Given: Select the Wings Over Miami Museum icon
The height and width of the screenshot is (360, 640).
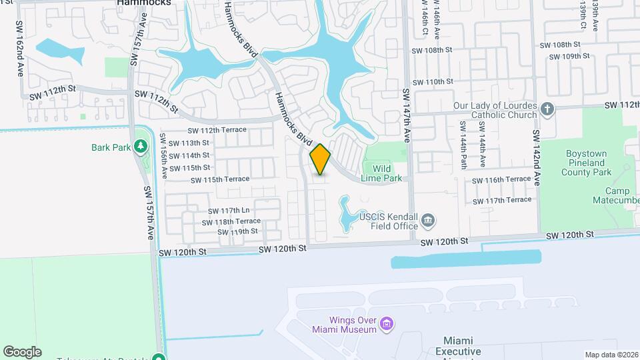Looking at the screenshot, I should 387,324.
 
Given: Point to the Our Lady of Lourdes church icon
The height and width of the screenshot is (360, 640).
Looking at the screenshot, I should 547,109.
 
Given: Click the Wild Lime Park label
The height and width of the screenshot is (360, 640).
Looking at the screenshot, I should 381,173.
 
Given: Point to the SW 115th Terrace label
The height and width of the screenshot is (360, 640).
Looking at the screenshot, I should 220,180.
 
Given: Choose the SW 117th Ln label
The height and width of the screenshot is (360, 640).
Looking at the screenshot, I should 227,211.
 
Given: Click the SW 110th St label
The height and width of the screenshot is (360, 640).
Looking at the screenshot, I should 433,82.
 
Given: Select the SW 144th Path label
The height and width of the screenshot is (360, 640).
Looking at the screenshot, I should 462,143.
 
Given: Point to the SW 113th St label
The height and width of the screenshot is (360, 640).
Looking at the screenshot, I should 189,143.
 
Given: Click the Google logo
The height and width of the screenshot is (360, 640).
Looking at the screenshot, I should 22,352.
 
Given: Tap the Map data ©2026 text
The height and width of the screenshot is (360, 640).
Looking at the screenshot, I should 611,355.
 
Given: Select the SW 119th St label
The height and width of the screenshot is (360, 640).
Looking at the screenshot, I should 237,232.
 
